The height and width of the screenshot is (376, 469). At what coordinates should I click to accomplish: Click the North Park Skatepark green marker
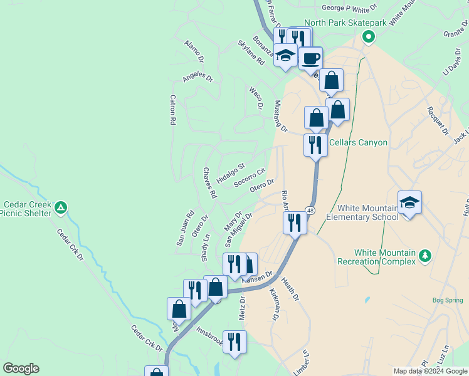(369, 36)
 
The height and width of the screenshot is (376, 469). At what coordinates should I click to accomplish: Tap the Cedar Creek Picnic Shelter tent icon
(61, 207)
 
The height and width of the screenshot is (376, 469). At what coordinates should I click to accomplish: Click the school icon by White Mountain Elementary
(409, 202)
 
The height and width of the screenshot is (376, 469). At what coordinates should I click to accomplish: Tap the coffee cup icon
(310, 59)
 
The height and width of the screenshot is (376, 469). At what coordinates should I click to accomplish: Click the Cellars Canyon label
(358, 142)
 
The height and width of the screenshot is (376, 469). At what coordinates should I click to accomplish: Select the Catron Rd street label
(172, 110)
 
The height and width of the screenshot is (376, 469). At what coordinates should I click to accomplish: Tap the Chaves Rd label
(209, 183)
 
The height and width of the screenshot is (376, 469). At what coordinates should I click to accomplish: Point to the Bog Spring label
(448, 300)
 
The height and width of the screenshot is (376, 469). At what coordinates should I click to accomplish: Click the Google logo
(21, 368)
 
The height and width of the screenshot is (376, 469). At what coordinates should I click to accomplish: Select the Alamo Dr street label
(194, 52)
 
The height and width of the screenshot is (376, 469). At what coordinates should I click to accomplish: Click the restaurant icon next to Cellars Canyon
(315, 145)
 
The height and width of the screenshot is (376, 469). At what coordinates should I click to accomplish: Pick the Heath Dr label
(290, 289)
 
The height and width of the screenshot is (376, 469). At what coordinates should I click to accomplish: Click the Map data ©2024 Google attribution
(430, 371)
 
